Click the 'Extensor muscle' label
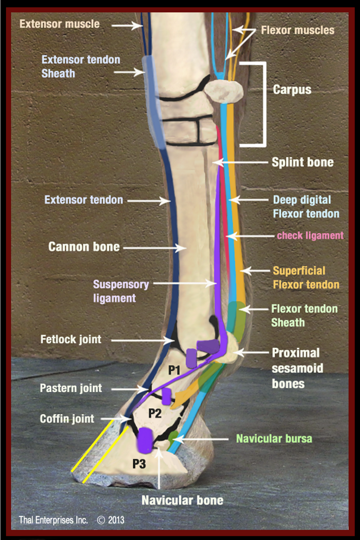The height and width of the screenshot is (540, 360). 60,24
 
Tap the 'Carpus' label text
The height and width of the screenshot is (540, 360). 292,90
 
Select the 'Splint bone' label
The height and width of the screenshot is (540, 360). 303,162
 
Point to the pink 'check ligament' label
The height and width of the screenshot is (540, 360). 310,235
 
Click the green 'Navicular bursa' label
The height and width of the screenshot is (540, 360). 274,438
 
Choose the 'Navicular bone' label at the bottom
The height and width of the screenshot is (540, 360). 182,500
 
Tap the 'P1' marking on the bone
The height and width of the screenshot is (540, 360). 174,370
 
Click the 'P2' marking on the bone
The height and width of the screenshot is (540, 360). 155,413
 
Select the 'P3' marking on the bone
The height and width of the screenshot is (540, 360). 139,463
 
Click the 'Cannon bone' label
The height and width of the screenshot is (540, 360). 84,247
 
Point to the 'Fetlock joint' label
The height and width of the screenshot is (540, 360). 71,339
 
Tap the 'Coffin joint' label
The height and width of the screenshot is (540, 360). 67,419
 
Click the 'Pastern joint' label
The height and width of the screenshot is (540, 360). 71,388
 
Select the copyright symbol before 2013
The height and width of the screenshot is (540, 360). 101,520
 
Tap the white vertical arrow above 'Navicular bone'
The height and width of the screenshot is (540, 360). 159,468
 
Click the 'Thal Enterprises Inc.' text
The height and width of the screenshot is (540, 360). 53,520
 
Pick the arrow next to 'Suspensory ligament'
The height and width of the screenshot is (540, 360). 185,283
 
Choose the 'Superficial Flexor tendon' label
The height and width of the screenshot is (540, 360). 306,278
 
